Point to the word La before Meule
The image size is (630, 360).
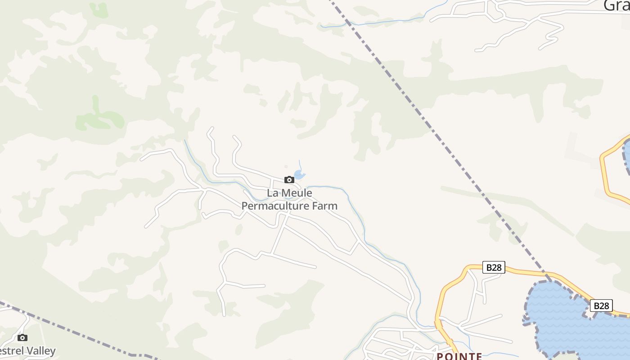272,193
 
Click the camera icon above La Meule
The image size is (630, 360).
289,180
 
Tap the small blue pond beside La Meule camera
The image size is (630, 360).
299,175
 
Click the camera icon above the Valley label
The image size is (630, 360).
22,337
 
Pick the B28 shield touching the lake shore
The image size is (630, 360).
601,306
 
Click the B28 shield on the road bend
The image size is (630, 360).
494,267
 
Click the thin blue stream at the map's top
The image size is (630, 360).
382,22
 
